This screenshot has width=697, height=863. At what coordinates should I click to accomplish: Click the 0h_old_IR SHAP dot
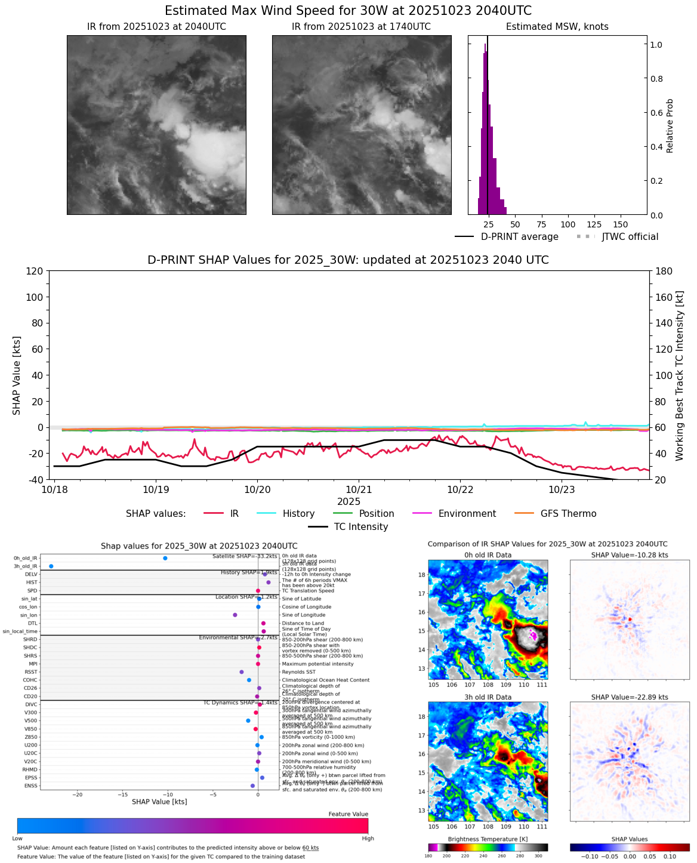point(165,558)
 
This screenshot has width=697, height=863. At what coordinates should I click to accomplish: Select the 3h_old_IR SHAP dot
point(51,566)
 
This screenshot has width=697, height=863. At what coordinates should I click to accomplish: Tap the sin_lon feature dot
point(235,615)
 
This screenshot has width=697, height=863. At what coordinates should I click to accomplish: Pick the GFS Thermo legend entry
point(568,514)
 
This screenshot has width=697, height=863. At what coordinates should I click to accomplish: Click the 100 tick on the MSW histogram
point(568,225)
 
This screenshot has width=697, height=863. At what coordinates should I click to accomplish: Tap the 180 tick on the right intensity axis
point(664,271)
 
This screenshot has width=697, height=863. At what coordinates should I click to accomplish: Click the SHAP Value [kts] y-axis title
point(17,375)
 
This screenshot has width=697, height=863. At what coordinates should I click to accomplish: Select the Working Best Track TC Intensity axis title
point(680,375)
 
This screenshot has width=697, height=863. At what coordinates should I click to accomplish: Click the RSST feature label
point(31,672)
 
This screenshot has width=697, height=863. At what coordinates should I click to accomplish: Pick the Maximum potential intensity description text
point(317,664)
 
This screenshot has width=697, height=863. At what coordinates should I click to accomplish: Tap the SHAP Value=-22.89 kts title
point(630,697)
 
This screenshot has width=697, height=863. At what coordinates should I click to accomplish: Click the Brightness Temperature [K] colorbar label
point(488,839)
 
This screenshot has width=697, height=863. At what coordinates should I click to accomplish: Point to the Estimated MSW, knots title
point(557,27)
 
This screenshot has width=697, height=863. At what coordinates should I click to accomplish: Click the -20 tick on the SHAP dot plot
point(78,794)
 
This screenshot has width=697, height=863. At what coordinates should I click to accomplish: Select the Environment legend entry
point(467,514)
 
